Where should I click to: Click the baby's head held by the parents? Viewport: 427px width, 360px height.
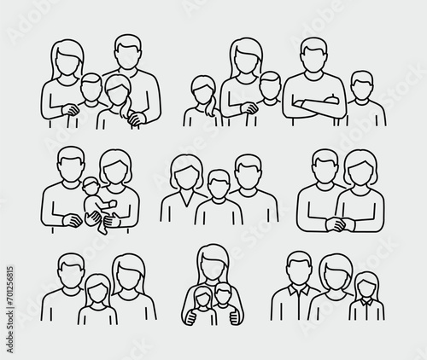point(91,185)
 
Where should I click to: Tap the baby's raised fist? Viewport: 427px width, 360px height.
point(112,204)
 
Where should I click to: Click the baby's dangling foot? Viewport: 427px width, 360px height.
point(102,229)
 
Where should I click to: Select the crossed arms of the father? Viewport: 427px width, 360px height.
point(315,104)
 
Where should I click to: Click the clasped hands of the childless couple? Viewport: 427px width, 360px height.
point(341,224)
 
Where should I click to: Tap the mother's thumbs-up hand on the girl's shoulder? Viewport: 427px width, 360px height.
point(192,317)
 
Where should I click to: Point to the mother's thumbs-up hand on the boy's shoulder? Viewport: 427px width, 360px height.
point(235,317)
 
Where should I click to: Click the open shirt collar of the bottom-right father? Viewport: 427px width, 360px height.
point(299,290)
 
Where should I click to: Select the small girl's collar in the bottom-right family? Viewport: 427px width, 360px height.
point(366,302)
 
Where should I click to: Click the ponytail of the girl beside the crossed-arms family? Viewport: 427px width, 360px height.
point(210,108)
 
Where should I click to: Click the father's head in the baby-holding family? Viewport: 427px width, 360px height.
point(71,165)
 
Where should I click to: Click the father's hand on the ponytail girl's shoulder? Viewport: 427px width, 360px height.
point(136,119)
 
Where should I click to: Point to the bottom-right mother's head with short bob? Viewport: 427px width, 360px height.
point(336,271)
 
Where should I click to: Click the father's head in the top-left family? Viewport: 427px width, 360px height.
point(128,52)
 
